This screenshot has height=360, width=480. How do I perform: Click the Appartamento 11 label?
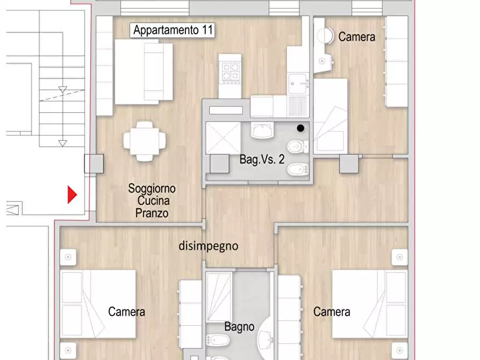(173, 31)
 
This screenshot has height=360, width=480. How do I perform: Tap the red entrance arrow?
(72, 195)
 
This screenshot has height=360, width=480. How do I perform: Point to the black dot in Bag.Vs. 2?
(300, 128)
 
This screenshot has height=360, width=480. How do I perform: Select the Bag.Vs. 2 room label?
(262, 159)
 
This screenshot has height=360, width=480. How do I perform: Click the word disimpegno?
(208, 246)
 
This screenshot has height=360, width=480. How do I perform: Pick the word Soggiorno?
(152, 189)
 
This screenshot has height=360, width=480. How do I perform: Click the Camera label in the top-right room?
(356, 37)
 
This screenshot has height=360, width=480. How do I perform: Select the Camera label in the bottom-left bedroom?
(126, 312)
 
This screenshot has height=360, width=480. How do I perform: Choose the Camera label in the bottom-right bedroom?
(332, 312)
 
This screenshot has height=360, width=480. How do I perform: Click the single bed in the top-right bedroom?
(330, 116)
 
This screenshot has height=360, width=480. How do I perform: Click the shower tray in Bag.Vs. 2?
(223, 138)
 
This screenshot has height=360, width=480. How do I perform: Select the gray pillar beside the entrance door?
(94, 164)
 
